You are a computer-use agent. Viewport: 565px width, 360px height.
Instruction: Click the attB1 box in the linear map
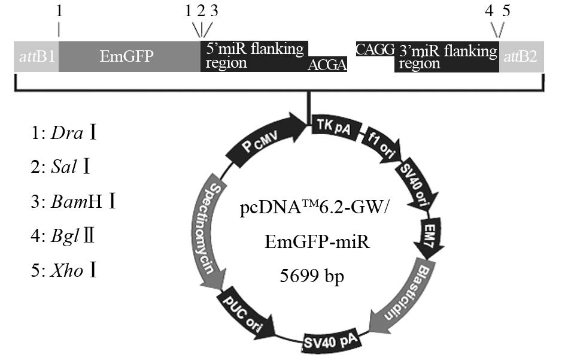[x=36, y=58]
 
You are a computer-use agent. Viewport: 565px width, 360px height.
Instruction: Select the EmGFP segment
[x=129, y=57]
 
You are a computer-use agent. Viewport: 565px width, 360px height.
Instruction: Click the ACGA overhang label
[x=327, y=65]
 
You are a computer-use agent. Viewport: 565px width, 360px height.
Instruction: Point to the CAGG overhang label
[x=375, y=49]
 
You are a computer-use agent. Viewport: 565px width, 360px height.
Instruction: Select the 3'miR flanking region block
[x=446, y=57]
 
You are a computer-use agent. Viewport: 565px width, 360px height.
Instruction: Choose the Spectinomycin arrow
[x=208, y=231]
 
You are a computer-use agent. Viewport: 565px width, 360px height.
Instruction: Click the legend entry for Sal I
[x=69, y=167]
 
